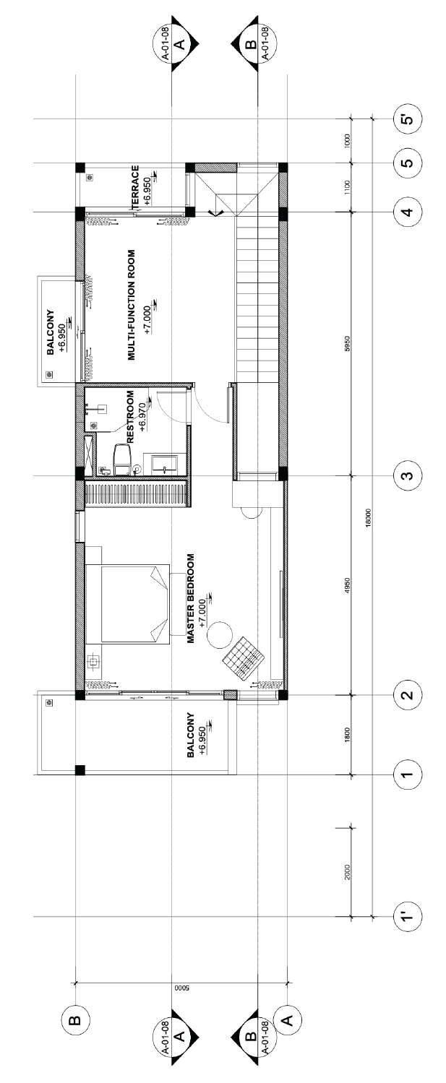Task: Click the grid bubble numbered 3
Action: (408, 475)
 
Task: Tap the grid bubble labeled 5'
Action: (408, 119)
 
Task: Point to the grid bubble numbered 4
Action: (408, 212)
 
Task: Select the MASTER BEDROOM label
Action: (191, 598)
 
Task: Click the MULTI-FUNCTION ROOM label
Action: (131, 305)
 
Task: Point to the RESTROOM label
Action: (130, 417)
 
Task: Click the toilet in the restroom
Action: (122, 458)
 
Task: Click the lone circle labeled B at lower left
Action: (75, 1021)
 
